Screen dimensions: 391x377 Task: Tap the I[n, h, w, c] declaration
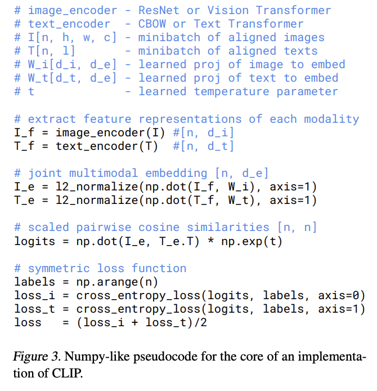pyautogui.click(x=72, y=37)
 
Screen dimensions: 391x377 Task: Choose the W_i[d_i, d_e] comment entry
pyautogui.click(x=72, y=64)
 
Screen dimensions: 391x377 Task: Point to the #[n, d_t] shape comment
pyautogui.click(x=204, y=146)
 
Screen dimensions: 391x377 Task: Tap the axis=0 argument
pyautogui.click(x=342, y=295)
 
